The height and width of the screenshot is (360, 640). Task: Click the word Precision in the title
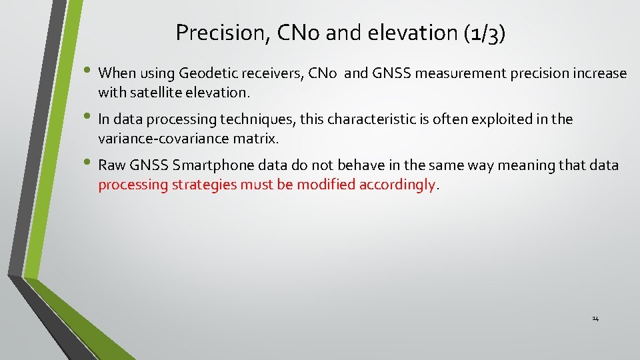217,32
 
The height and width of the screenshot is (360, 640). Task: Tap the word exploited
497,119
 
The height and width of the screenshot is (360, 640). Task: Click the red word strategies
204,185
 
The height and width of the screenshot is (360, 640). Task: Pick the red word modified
326,185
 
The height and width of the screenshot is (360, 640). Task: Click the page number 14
595,319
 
